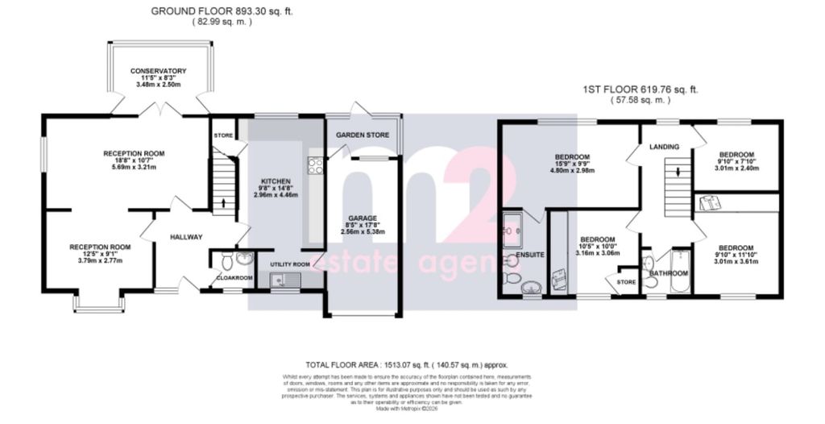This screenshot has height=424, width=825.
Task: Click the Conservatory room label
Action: pyautogui.click(x=160, y=71)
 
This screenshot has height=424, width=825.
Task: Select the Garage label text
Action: pyautogui.click(x=363, y=218)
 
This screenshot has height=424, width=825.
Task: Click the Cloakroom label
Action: pyautogui.click(x=234, y=278)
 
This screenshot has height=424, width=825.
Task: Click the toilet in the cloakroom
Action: pyautogui.click(x=226, y=260)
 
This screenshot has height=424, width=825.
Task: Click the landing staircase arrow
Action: pyautogui.click(x=678, y=172)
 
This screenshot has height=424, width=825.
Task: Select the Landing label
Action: pyautogui.click(x=665, y=147)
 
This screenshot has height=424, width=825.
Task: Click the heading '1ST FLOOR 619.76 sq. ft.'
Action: pyautogui.click(x=641, y=89)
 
